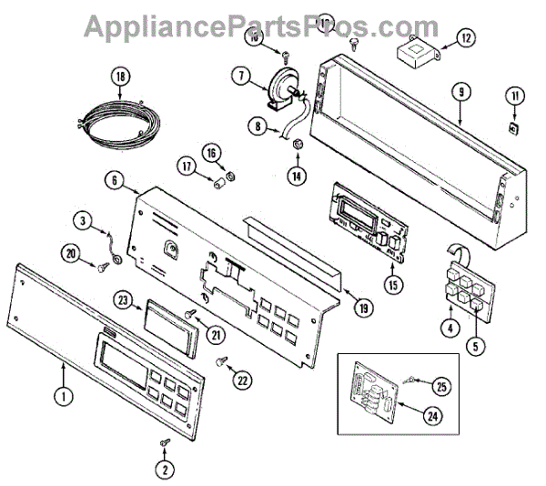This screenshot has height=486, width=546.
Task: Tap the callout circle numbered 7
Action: click(x=238, y=77)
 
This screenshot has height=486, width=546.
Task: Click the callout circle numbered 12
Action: click(x=465, y=38)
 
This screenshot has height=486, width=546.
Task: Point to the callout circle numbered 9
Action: click(x=461, y=92)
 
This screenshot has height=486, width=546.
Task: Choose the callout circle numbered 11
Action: click(x=516, y=96)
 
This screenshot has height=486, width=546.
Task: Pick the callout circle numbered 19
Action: click(x=364, y=309)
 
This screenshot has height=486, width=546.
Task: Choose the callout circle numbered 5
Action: click(x=475, y=346)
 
